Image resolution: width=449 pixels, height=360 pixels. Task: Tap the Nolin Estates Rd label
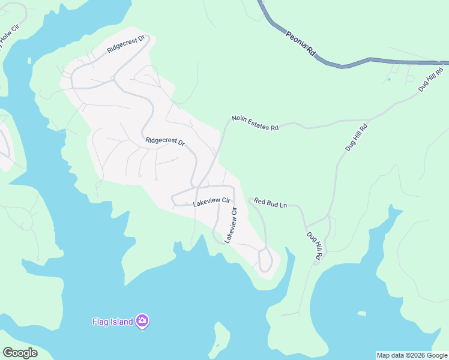(x=256, y=123)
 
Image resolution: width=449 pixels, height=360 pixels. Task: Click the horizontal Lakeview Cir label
(x=212, y=203)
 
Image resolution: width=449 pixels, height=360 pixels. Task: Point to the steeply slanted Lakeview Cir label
(x=231, y=225)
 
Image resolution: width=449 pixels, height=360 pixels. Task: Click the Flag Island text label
(x=112, y=322)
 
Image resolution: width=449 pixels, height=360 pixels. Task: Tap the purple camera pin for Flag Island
(x=142, y=321)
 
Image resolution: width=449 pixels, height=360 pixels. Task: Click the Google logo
(x=20, y=353)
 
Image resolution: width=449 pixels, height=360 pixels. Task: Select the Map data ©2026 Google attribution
(x=412, y=355)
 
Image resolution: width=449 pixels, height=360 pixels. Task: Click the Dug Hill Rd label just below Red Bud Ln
(x=315, y=246)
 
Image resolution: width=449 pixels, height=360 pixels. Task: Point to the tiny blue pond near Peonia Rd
(x=389, y=79)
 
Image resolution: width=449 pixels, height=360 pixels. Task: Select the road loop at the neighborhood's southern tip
(x=265, y=261)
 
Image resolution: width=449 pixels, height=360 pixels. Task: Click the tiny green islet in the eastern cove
(x=361, y=313)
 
